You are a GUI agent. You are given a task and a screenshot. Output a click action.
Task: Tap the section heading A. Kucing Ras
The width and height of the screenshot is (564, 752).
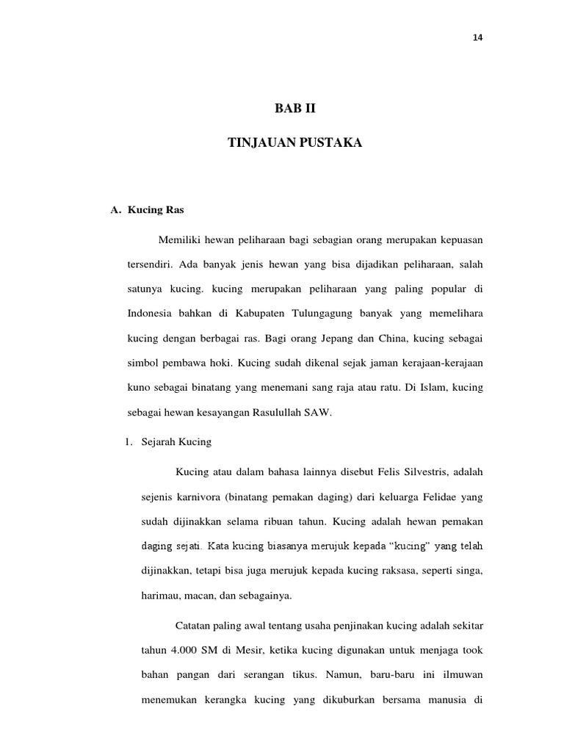pos(147,210)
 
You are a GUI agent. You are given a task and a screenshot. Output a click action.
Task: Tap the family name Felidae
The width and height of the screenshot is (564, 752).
pos(435,496)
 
